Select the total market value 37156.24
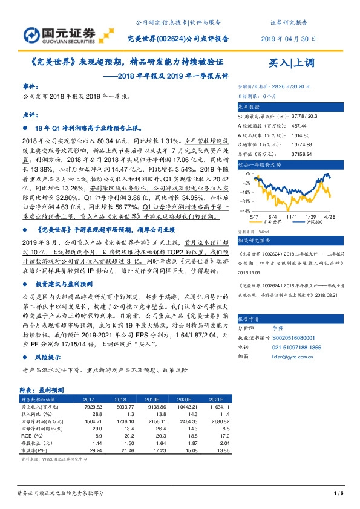pos(301,154)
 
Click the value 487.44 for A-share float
pos(298,127)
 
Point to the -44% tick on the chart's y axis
pos(246,211)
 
